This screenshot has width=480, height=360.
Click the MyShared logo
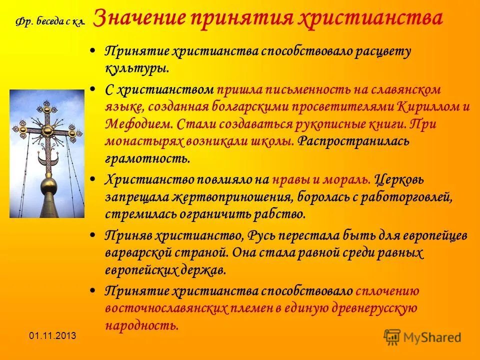[422, 336]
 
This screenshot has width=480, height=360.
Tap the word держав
[205, 270]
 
